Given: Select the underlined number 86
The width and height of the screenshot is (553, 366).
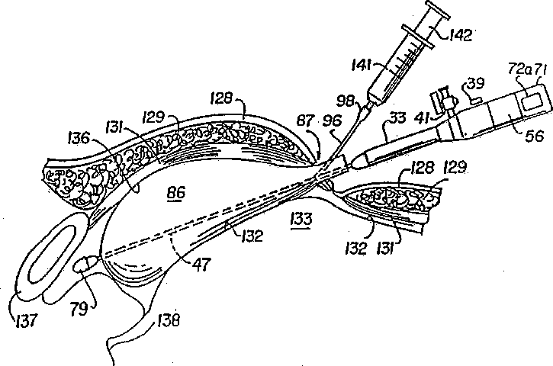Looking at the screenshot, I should click(175, 196).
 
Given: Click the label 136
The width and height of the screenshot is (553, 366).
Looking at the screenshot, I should click(77, 138).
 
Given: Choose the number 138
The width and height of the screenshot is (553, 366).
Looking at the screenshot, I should click(166, 322).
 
